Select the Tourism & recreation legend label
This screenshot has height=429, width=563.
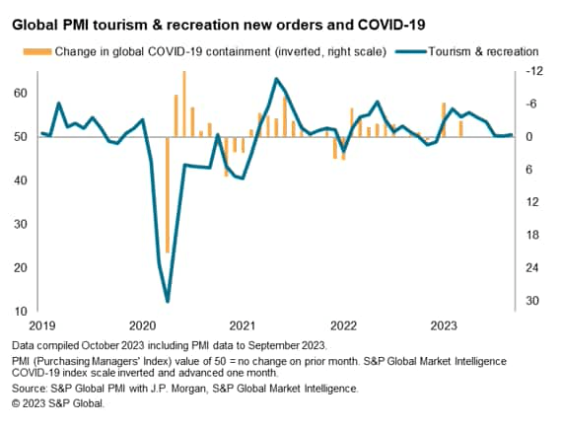click(484, 50)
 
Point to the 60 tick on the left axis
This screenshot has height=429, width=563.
click(19, 93)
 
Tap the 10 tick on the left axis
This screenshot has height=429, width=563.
click(19, 312)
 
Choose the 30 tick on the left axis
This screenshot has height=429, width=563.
click(19, 224)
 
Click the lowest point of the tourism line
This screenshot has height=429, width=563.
click(168, 301)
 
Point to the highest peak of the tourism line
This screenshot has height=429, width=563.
click(276, 79)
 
